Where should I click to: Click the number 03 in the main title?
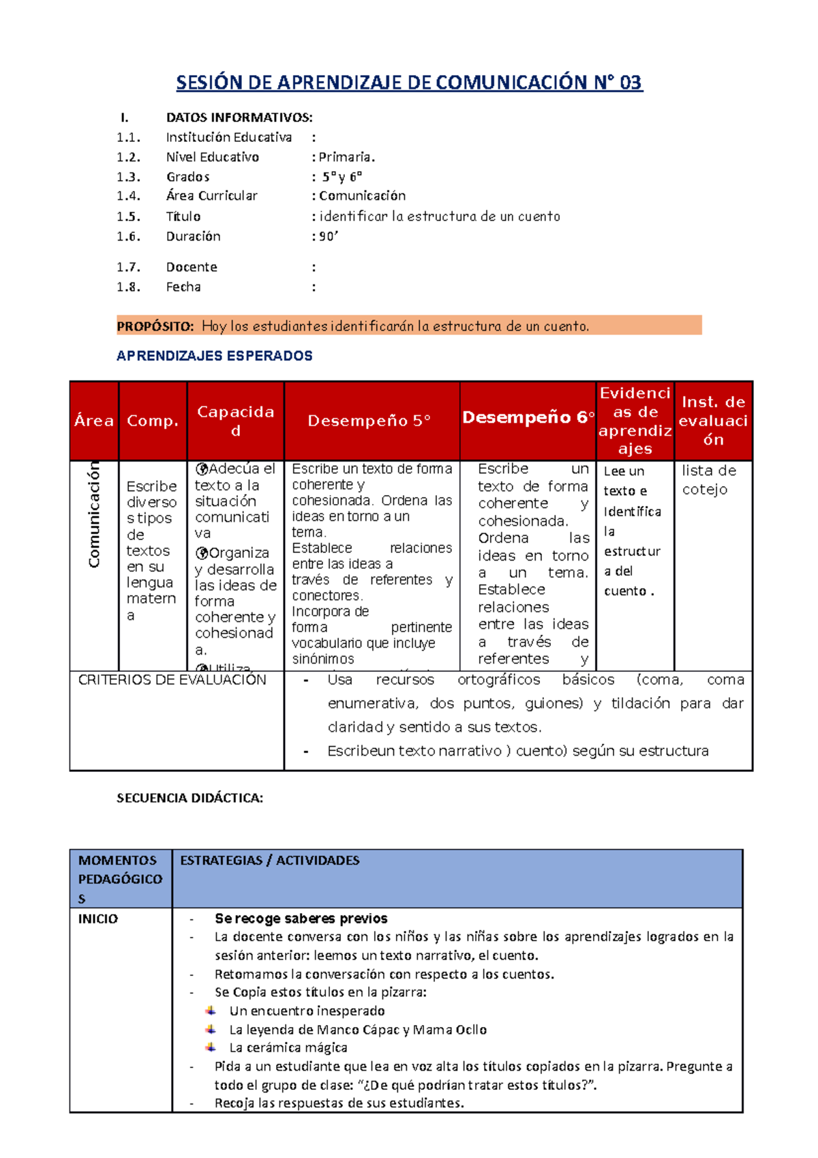pos(630,83)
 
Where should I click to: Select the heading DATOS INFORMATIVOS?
pos(239,117)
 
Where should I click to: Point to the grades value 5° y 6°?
pos(342,177)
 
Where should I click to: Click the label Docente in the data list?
pos(192,267)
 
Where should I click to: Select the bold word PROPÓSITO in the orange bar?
pos(155,326)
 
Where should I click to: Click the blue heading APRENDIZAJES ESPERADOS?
pos(214,355)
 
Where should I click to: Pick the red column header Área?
pos(94,421)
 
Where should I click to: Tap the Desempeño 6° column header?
pos(528,417)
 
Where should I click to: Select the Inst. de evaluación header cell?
pos(713,421)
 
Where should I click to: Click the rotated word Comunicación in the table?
pos(94,515)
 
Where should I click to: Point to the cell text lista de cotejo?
pos(709,479)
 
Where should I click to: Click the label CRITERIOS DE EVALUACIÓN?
pos(172,679)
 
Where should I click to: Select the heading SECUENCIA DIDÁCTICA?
pos(190,798)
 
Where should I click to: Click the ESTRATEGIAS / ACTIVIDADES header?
pos(269,860)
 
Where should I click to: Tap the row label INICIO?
pos(98,919)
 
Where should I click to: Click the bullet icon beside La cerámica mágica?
pos(211,1047)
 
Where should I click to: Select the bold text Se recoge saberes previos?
pos(301,919)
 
